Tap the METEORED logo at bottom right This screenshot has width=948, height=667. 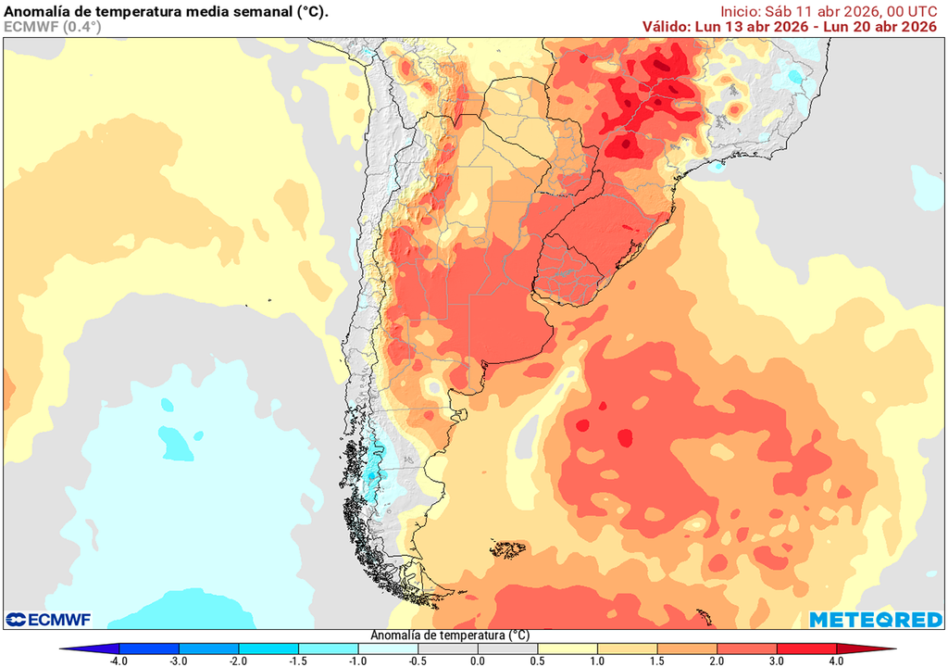tap(875, 619)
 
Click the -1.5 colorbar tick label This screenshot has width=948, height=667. tap(298, 661)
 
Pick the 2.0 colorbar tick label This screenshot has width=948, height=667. tap(717, 661)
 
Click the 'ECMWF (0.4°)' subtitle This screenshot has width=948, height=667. tap(53, 27)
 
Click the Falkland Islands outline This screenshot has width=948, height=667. tap(508, 550)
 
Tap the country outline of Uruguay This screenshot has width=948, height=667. tap(574, 269)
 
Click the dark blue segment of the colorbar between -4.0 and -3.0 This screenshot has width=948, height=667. tap(148, 649)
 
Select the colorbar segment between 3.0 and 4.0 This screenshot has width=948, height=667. tap(805, 649)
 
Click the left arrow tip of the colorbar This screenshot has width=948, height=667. tap(61, 649)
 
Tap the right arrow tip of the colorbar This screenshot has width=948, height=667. tap(893, 649)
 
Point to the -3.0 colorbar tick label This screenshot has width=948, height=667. tap(179, 661)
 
